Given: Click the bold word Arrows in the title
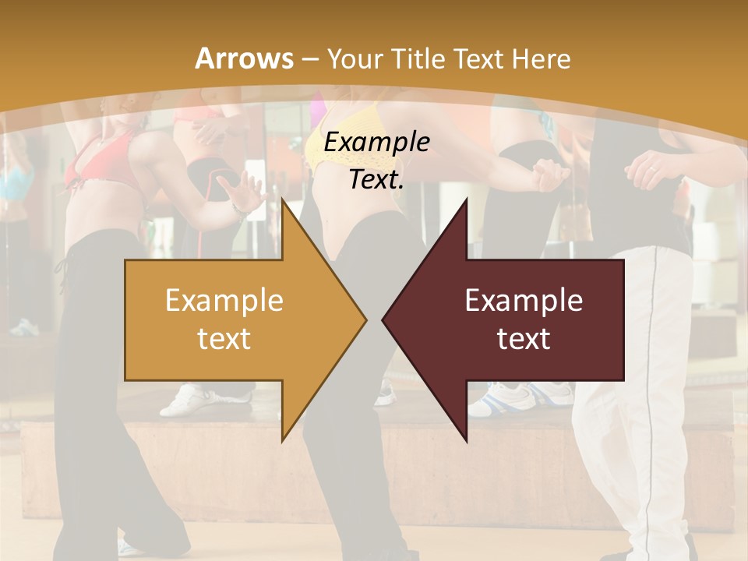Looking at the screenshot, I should point(244,58).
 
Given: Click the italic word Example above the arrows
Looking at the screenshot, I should point(376,143).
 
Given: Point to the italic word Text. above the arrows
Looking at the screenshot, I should point(376,179).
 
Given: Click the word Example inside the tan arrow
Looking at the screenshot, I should point(224,301).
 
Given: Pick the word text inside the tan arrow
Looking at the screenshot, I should point(224,338).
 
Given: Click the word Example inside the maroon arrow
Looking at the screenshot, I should point(524,301).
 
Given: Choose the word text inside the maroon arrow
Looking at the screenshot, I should point(524,338).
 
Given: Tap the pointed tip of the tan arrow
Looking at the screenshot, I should point(365,319).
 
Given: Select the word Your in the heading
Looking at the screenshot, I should point(350,59).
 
